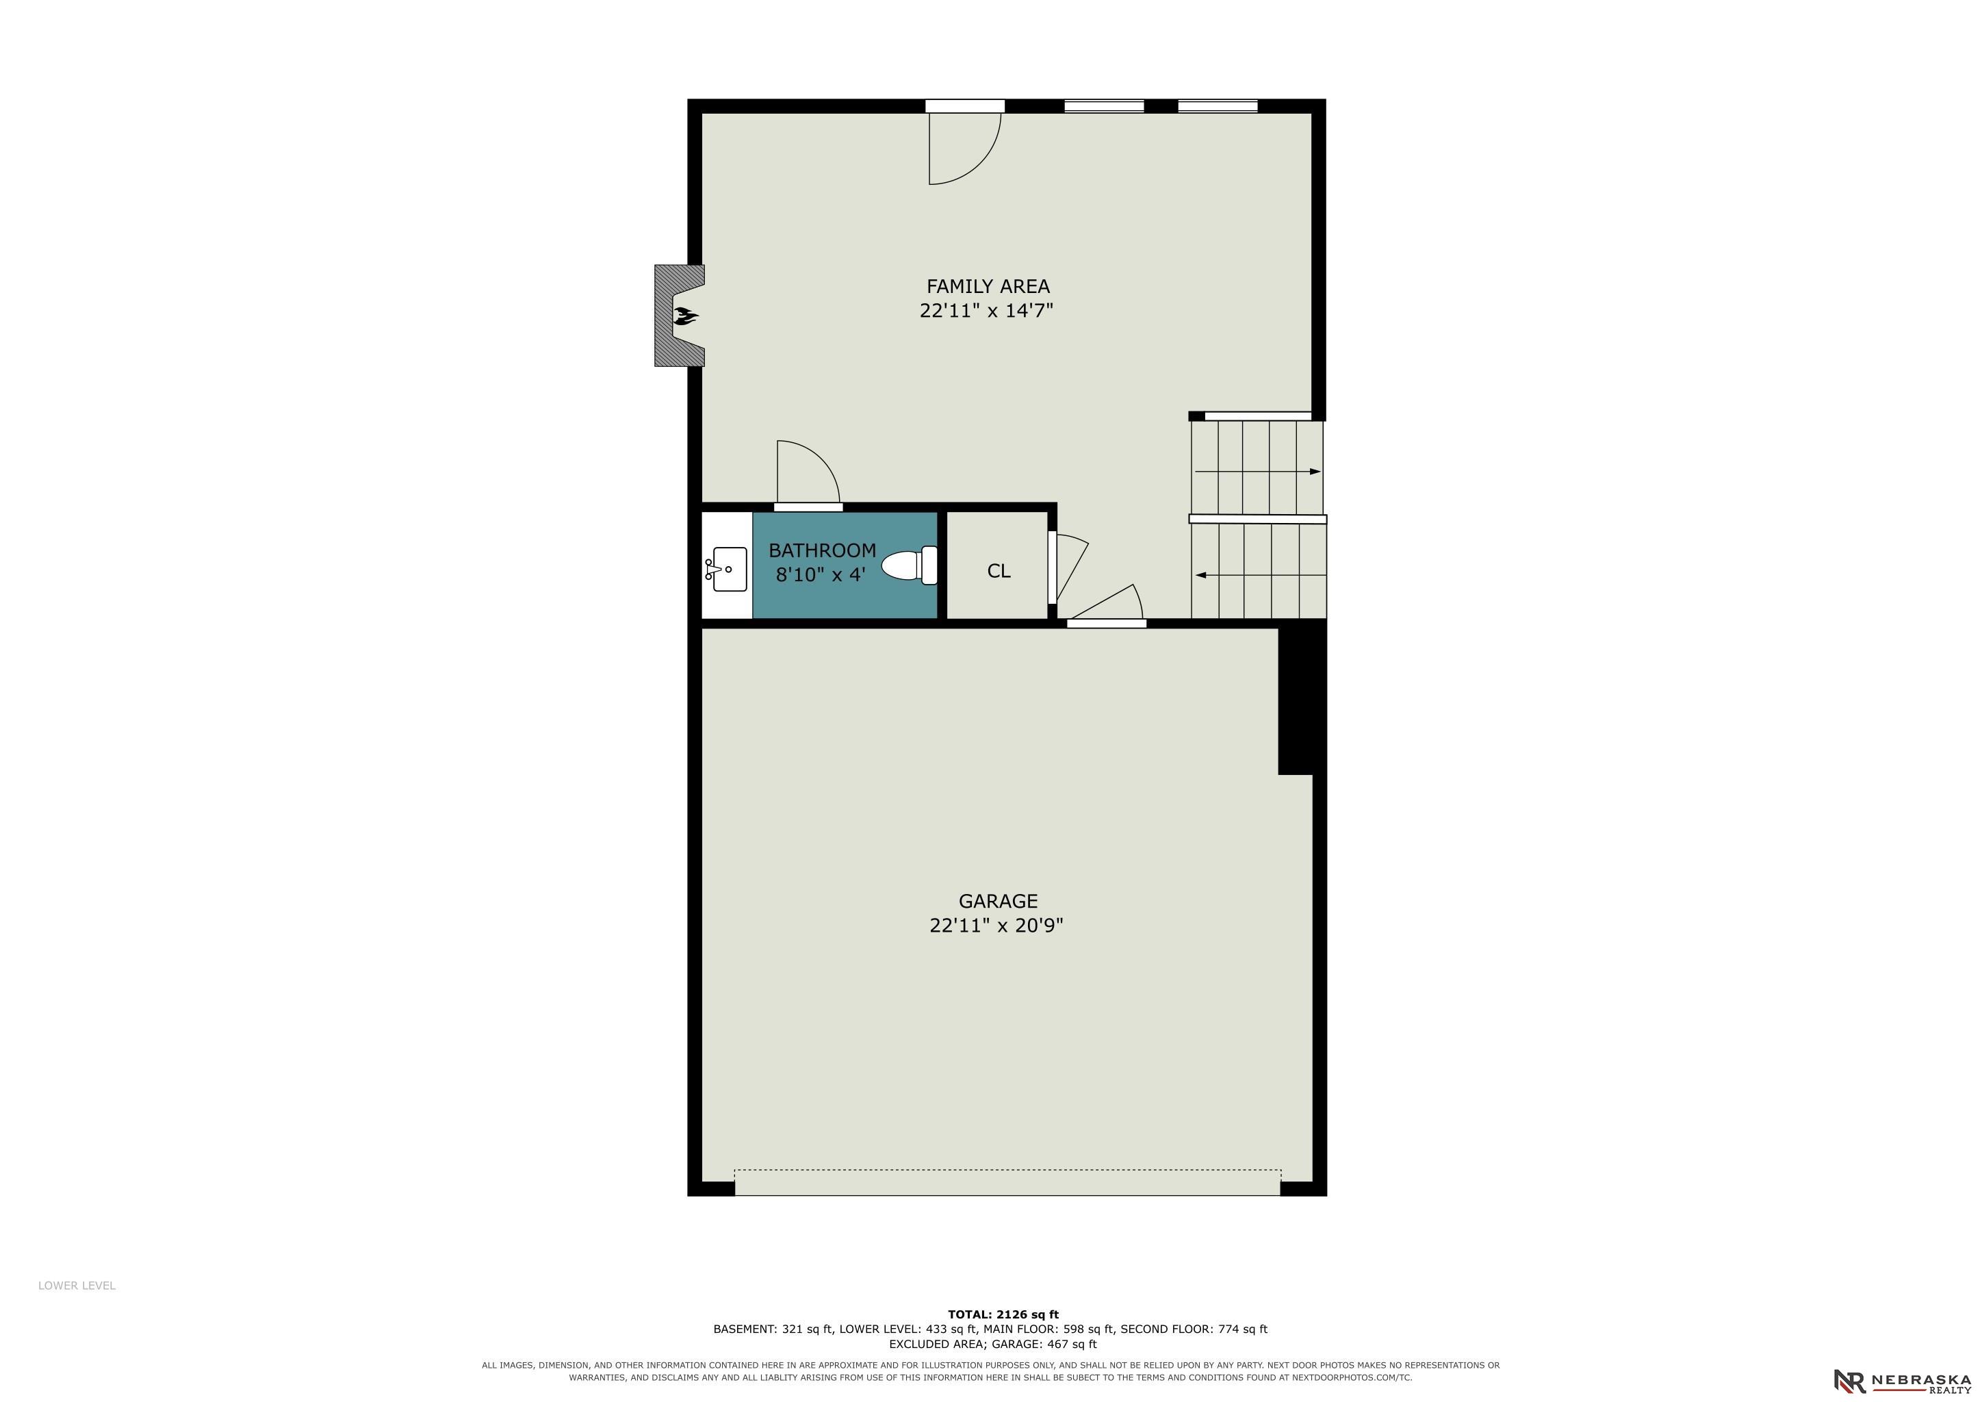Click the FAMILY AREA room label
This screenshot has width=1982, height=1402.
(988, 285)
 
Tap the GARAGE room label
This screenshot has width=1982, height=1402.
(998, 902)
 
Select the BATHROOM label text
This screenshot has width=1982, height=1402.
(822, 550)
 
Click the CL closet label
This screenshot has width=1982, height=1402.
(999, 571)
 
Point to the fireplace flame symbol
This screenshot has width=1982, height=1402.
(685, 316)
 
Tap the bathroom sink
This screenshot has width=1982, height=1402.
(728, 569)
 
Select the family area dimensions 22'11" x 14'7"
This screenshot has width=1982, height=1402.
(987, 311)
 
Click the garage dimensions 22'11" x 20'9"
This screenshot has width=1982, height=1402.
(996, 926)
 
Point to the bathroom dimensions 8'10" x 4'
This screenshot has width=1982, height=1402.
(820, 574)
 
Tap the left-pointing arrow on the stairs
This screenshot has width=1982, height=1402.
(1261, 575)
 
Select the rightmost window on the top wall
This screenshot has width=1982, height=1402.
(1217, 106)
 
